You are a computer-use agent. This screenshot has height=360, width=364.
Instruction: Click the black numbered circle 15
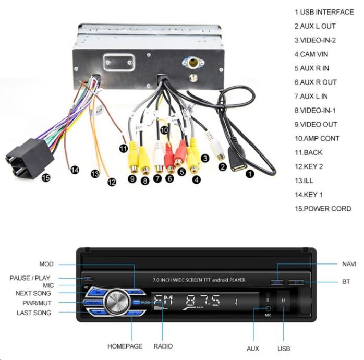(45, 178)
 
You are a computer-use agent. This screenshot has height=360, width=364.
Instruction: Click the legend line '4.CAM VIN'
(311, 54)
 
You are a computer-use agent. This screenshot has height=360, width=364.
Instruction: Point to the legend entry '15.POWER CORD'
(323, 209)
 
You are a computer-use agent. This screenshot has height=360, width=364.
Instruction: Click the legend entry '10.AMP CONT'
(317, 138)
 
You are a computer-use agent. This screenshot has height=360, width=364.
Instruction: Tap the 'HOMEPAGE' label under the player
(125, 346)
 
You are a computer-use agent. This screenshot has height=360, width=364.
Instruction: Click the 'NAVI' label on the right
(349, 264)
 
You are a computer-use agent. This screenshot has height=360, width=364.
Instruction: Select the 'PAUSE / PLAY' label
(30, 278)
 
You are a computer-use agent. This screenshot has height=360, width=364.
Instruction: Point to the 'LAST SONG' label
(34, 313)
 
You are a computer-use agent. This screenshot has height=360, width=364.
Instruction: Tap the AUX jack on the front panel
(268, 308)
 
